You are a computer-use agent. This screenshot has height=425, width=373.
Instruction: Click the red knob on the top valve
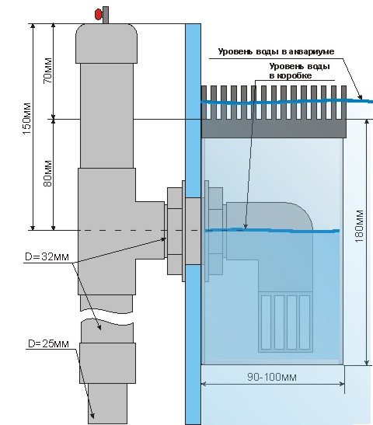point(98,14)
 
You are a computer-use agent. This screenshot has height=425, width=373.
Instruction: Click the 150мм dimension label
point(27,118)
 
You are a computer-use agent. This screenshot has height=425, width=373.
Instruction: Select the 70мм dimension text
point(47,71)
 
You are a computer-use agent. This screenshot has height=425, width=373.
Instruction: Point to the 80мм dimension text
point(47,173)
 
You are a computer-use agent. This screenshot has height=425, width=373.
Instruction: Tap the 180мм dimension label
point(359,226)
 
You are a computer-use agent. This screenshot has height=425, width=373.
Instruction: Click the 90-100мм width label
point(272,377)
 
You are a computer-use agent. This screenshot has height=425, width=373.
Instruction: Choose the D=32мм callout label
point(47,256)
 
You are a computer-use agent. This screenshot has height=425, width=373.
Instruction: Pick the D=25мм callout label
point(48,343)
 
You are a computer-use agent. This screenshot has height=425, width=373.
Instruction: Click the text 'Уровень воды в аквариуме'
point(276,51)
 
